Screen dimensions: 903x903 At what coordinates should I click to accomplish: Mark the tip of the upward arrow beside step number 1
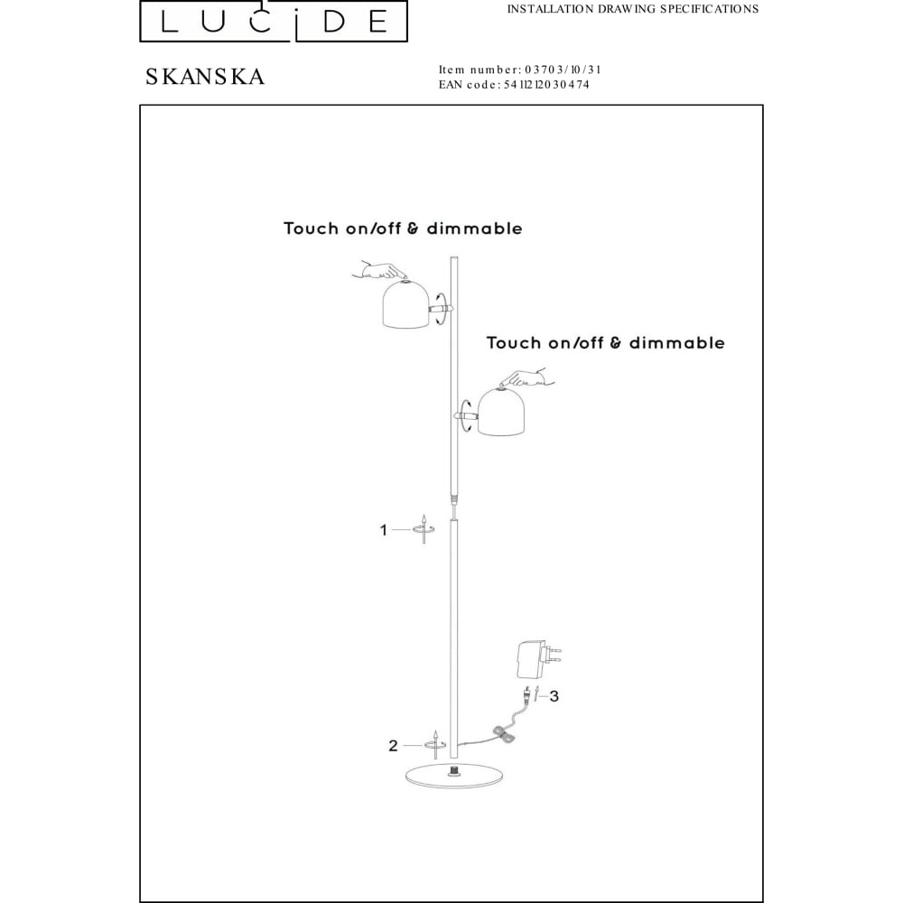[424, 516]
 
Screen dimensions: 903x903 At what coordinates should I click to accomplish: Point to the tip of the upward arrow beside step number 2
[436, 731]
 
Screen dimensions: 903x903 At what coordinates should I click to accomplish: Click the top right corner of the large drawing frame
[763, 106]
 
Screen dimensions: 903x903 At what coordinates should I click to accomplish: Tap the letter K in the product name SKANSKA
[171, 77]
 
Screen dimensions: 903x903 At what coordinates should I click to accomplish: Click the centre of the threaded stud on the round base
[454, 768]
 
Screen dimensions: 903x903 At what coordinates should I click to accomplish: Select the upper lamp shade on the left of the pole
[405, 304]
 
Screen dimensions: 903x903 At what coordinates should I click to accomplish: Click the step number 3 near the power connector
[554, 696]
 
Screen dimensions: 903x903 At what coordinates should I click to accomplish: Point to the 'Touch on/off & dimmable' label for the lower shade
[605, 342]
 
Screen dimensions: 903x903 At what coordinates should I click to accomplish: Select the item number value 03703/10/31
[563, 70]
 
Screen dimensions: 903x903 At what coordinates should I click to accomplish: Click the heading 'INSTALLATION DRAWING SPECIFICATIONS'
[633, 9]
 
